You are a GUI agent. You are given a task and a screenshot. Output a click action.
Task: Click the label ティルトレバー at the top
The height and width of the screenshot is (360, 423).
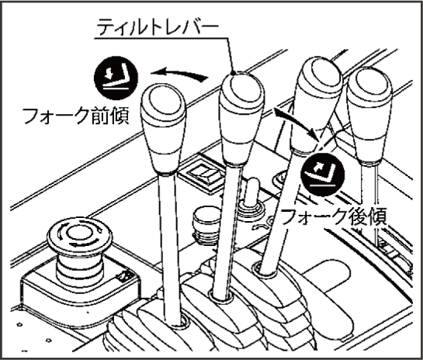tap(158, 27)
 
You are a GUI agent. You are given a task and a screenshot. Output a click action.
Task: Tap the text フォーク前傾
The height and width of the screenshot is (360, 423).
tap(76, 116)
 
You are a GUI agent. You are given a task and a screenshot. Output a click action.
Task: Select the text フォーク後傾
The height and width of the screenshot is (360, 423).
tap(334, 216)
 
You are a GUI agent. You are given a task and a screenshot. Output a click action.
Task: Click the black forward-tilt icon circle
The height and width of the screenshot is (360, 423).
tap(116, 78)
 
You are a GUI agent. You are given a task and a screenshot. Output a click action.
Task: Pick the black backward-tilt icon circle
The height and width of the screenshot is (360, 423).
tap(323, 175)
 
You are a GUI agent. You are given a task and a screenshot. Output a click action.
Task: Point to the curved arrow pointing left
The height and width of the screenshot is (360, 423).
tap(179, 74)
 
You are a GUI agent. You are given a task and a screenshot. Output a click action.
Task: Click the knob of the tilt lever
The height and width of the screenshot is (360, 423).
tap(241, 119)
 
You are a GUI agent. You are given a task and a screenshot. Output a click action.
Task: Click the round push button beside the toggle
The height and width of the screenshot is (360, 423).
tap(206, 223)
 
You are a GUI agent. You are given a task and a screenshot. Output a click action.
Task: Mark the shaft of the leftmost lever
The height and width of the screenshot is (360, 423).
tap(169, 248)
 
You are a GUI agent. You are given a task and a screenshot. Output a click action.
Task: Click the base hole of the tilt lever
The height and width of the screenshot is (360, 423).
tap(221, 296)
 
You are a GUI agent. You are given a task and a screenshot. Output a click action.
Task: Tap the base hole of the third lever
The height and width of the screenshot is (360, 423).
tap(265, 270)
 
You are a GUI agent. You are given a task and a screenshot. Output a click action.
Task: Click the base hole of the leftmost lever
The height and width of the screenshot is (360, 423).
tap(177, 322)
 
